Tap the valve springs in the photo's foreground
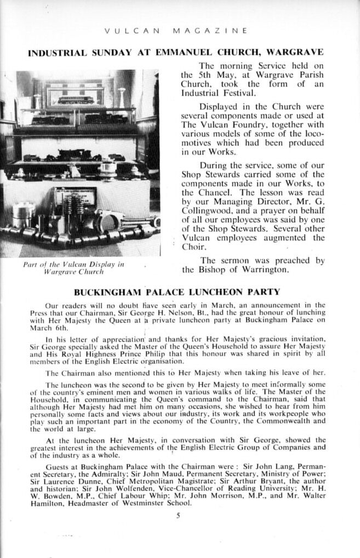point(71,211)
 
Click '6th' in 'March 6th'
point(60,328)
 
